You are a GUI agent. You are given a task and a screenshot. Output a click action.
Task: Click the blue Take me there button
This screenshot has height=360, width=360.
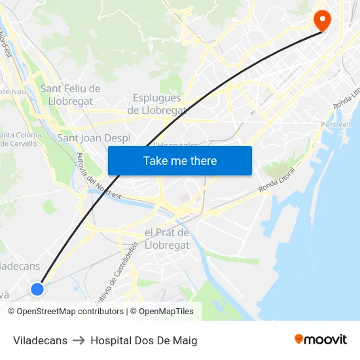180,160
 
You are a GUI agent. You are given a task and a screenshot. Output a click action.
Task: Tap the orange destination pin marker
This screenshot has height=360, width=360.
322,20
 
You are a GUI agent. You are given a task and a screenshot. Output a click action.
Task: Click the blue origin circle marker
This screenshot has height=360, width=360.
37,289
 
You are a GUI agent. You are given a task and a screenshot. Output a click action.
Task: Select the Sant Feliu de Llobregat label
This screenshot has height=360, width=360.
70,95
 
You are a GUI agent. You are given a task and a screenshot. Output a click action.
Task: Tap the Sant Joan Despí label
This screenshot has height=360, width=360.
94,137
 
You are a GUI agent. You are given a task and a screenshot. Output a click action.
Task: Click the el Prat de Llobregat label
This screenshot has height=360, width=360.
166,239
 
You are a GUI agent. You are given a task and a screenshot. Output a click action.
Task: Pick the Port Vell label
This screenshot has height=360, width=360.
336,124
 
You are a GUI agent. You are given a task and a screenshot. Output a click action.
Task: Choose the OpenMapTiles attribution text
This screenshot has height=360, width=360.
166,312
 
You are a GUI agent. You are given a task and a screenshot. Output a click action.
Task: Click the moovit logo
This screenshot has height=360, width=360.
320,339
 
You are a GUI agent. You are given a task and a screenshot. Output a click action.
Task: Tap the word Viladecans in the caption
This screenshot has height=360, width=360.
40,340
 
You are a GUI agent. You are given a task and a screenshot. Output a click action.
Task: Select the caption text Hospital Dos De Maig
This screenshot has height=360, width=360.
143,340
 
